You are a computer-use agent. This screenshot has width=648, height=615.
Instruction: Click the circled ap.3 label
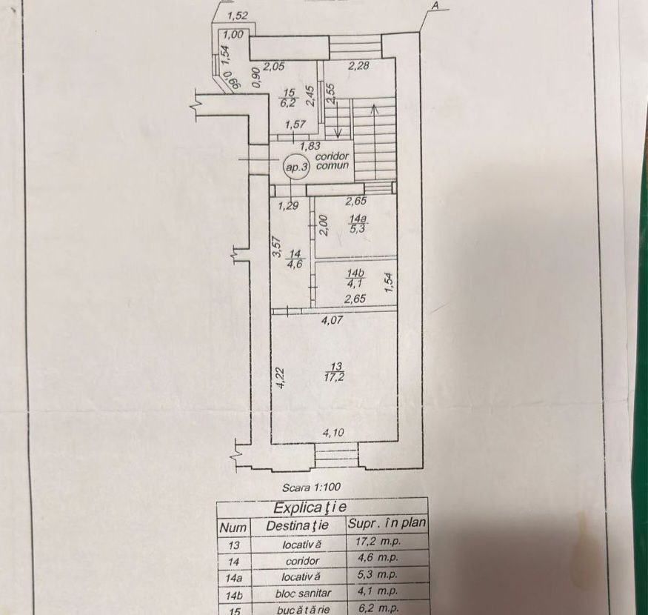coord(296,167)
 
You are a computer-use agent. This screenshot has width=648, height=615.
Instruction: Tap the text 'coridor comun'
coord(333,161)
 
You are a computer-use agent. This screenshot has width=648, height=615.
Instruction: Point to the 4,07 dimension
coord(333,319)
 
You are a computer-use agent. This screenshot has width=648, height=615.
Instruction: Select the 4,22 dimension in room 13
coord(281,378)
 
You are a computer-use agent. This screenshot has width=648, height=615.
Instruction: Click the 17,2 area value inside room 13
coord(336,376)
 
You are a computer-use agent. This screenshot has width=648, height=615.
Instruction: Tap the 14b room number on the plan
coord(355,273)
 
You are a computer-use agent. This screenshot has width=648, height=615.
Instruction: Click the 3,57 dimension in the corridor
coord(278,247)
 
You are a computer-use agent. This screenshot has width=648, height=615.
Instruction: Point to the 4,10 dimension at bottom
coord(333,433)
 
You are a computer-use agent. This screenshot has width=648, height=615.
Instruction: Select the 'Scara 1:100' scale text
coord(312,487)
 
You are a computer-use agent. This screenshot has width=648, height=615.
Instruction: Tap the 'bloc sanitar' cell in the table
coord(304,593)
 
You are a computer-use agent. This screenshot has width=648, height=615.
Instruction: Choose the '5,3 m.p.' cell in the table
coord(376,574)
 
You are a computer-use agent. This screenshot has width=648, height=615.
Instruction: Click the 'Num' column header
coord(233,528)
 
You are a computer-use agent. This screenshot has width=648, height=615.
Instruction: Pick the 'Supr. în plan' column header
coord(387,523)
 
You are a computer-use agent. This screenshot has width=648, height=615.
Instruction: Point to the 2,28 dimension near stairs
coord(358,65)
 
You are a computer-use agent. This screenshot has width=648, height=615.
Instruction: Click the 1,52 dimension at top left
coord(238,16)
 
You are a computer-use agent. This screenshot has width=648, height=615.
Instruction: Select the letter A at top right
coord(434,6)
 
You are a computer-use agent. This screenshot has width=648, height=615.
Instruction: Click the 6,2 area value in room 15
coord(289,102)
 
